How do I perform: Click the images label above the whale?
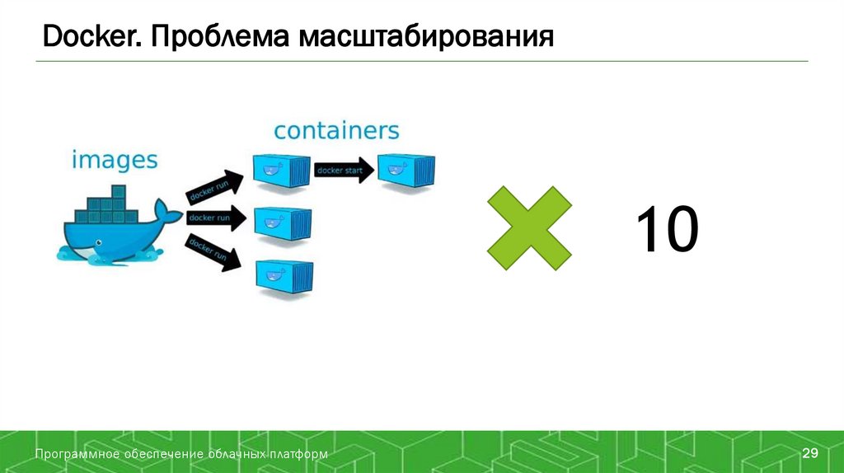(114, 159)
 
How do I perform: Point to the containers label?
(336, 130)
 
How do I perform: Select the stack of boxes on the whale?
(110, 207)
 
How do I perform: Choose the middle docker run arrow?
(217, 218)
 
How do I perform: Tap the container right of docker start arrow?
(406, 169)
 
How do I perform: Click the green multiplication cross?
(529, 227)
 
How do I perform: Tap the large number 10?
(666, 230)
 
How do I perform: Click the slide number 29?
(809, 454)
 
